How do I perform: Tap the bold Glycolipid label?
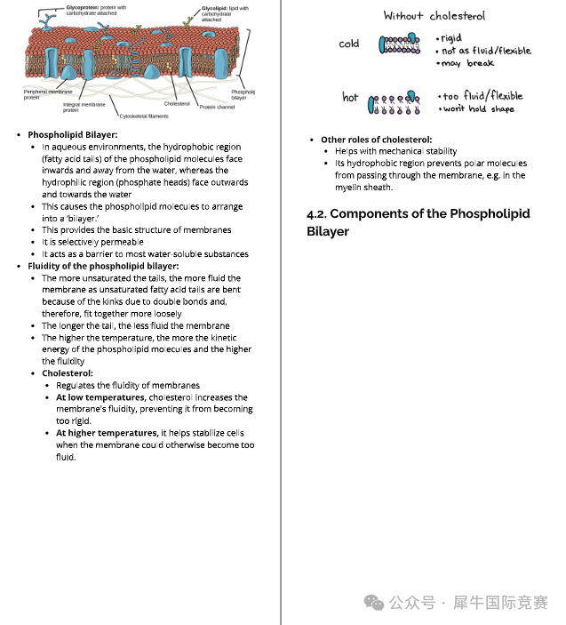click(215, 7)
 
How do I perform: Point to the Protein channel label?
click(217, 107)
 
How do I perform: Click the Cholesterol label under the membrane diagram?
click(177, 103)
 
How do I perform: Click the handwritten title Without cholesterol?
click(434, 16)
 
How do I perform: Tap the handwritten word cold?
click(349, 44)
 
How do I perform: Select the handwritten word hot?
click(350, 97)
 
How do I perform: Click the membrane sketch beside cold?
click(399, 43)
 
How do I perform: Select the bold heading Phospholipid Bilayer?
click(72, 135)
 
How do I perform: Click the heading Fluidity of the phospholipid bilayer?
click(103, 266)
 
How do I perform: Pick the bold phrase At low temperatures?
click(100, 397)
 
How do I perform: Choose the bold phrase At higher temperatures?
click(107, 433)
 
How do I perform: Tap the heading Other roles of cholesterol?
click(376, 140)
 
